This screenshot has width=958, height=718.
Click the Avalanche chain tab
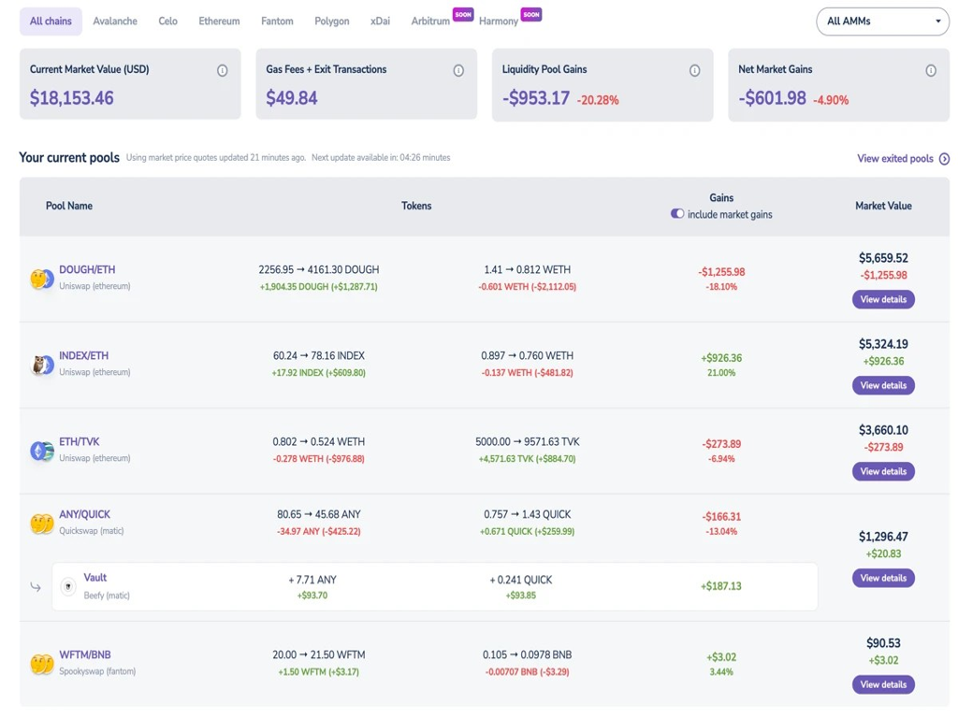115,21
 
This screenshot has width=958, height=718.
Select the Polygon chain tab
331,21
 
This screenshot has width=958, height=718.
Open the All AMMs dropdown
882,21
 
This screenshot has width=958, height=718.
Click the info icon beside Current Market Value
222,70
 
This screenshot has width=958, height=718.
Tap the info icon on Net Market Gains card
930,70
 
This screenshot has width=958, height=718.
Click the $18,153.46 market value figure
72,98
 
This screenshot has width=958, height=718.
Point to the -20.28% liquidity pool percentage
598,100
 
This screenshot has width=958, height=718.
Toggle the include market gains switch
677,214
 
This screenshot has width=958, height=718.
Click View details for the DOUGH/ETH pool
882,299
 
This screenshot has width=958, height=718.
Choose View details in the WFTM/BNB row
882,684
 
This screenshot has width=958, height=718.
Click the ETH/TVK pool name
80,441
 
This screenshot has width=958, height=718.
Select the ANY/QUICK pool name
84,514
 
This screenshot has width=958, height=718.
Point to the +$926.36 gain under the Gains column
721,357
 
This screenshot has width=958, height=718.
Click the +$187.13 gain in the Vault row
720,586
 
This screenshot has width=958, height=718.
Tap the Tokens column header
416,206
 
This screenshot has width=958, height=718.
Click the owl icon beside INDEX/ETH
40,365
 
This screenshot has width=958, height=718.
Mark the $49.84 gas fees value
292,98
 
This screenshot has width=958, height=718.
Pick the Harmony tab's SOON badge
531,14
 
